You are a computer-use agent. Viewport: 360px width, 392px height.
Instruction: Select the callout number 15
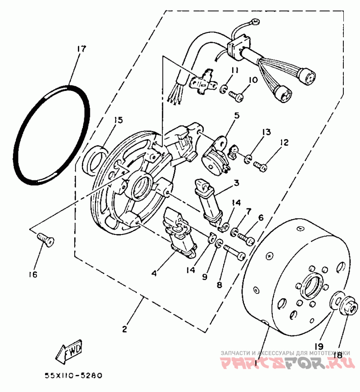(x=118, y=120)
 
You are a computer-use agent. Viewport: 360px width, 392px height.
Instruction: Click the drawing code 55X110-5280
(x=73, y=374)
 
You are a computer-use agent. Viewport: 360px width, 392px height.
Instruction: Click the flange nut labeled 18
(x=350, y=309)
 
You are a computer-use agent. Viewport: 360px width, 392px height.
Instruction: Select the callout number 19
(x=319, y=346)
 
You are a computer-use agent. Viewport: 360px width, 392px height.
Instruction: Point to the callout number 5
(x=236, y=116)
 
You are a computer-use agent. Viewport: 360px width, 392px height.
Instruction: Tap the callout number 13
(x=267, y=132)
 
